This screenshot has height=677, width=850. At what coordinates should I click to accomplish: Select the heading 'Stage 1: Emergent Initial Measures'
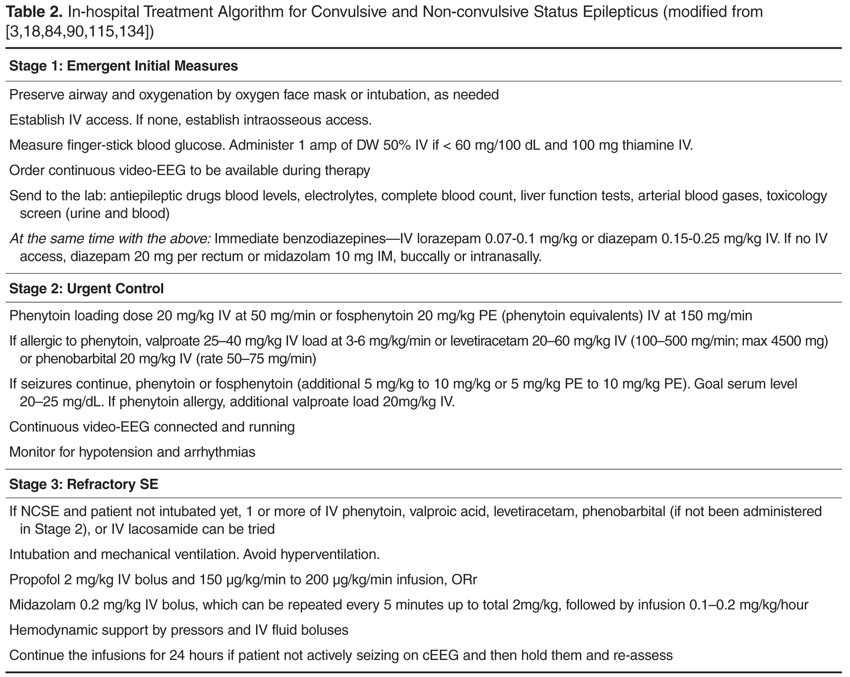click(x=123, y=66)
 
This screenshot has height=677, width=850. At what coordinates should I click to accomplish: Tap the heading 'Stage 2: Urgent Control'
click(x=86, y=289)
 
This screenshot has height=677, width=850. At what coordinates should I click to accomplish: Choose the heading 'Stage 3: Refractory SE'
click(x=84, y=484)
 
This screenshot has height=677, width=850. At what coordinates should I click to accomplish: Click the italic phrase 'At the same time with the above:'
click(x=109, y=238)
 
